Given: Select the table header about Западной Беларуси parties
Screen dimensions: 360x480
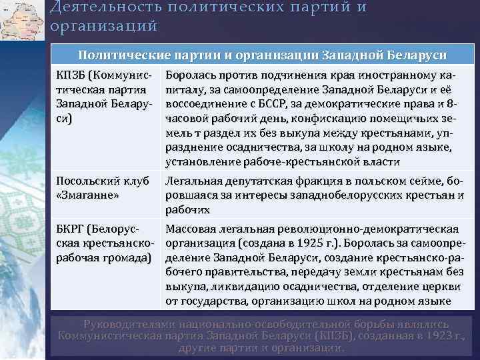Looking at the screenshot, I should pos(263,55).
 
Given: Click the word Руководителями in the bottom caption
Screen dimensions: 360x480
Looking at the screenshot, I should pos(137,323).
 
